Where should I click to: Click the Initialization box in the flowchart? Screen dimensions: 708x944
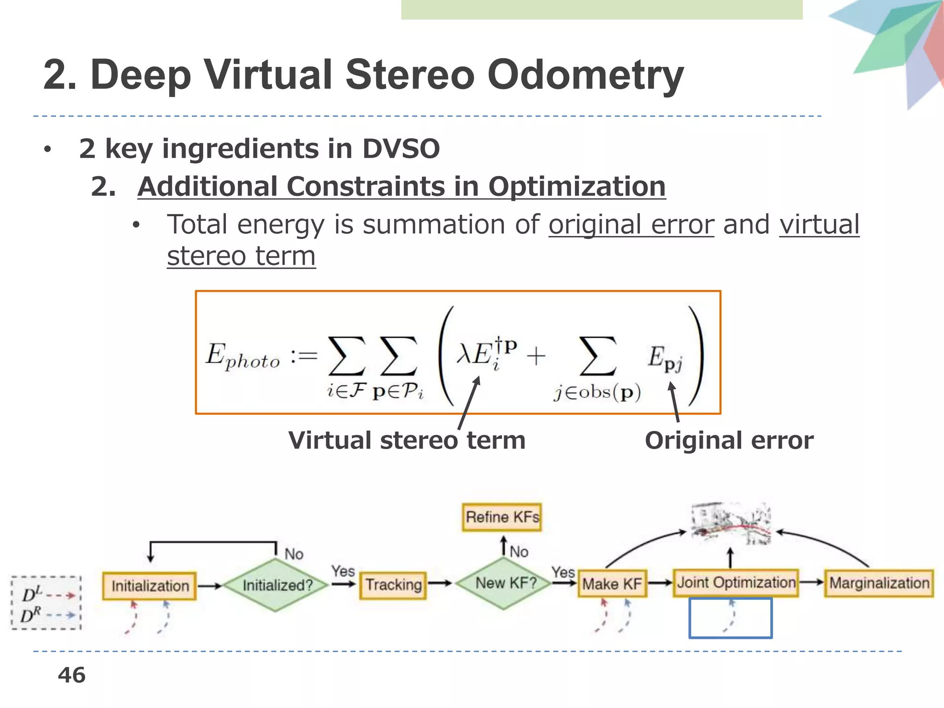(x=150, y=586)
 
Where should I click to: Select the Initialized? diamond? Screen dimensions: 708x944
(x=276, y=585)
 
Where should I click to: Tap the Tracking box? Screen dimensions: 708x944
(x=393, y=585)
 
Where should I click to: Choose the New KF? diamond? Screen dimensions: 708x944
(x=505, y=583)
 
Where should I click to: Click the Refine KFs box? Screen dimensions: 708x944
(x=502, y=517)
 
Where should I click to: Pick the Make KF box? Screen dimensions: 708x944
(x=612, y=584)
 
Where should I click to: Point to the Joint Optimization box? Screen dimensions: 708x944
(x=736, y=583)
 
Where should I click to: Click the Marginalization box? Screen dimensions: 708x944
(x=879, y=583)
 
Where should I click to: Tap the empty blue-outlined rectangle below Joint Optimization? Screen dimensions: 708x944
(x=730, y=618)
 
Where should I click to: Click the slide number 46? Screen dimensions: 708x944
(x=71, y=675)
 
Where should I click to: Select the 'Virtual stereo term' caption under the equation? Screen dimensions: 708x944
(x=407, y=440)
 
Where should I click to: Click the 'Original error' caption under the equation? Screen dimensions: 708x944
(x=729, y=440)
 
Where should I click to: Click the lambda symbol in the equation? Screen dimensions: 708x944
(x=463, y=355)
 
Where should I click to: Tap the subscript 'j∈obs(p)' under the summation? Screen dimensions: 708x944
(x=597, y=392)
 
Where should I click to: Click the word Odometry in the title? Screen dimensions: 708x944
(x=585, y=75)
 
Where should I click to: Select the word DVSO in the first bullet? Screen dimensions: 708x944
(x=401, y=148)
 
